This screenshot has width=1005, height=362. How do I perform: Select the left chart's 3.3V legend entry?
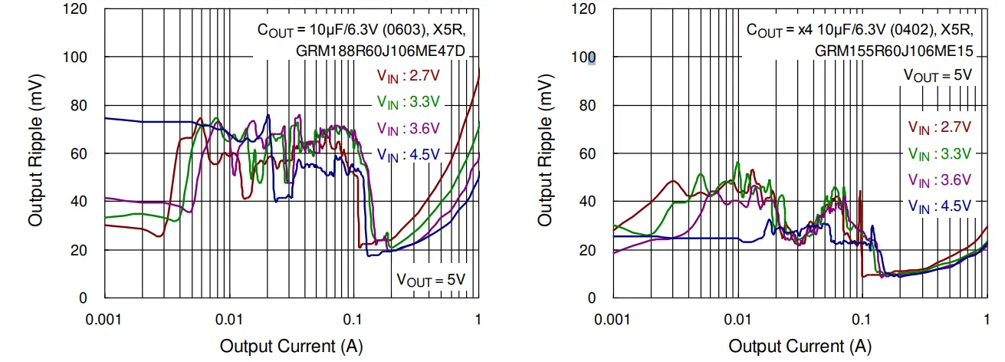[x=407, y=101]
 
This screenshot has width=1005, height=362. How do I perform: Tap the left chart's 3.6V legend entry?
[x=407, y=127]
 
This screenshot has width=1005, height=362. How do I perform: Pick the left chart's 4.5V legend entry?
[x=407, y=153]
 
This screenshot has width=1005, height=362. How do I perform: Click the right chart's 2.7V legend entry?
[x=940, y=127]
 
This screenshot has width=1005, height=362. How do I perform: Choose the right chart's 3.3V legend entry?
[x=940, y=153]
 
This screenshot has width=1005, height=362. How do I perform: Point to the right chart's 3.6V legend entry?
[x=940, y=179]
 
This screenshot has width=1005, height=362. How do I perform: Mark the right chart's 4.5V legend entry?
[x=940, y=205]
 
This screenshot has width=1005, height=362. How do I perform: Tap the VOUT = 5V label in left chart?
[x=430, y=279]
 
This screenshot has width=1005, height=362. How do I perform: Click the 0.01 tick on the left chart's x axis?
[x=229, y=318]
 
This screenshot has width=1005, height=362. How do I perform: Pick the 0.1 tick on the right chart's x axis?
[x=862, y=318]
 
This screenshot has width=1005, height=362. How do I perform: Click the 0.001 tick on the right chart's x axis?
[x=613, y=318]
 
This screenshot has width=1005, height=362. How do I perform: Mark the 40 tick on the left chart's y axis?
[x=79, y=202]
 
